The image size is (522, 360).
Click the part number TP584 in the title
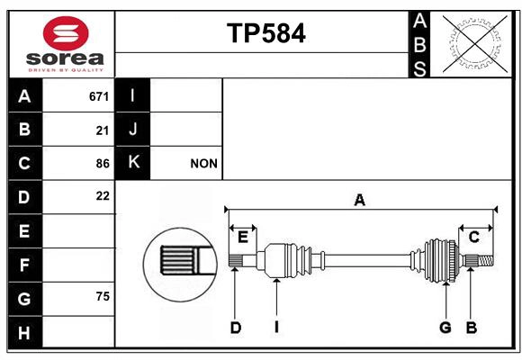coord(265,33)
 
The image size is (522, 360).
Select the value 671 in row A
coord(99,96)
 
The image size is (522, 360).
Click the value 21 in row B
coord(103,130)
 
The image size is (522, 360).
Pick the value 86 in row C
coord(102,164)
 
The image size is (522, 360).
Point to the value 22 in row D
coord(102,196)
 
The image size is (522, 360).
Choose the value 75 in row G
coord(102,296)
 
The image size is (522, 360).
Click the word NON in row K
coord(202,164)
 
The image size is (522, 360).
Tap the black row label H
coord(24,332)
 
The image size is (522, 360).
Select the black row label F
coord(24,265)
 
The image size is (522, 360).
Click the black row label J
coord(133,130)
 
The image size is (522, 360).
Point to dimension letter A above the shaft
coord(359,201)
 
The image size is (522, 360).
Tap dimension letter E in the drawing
coord(243,236)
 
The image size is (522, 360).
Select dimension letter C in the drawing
coord(473,236)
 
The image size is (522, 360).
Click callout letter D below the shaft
coord(235,328)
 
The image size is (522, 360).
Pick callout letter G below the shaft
coord(445,328)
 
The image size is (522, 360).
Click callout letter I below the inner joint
coord(277,328)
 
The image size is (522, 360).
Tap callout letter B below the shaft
coord(471,328)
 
